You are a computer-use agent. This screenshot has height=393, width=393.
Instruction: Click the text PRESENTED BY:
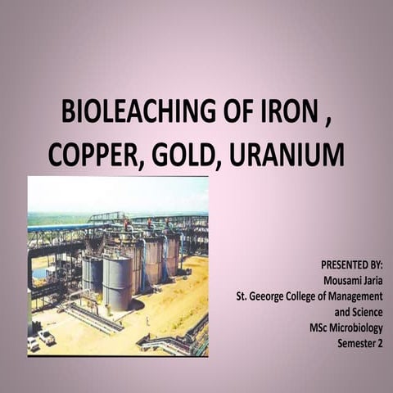[351, 266]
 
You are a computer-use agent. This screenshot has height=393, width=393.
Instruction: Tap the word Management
[361, 296]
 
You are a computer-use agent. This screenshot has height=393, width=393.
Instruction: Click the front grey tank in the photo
[116, 282]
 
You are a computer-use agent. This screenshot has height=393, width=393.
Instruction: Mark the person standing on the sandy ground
[148, 321]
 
